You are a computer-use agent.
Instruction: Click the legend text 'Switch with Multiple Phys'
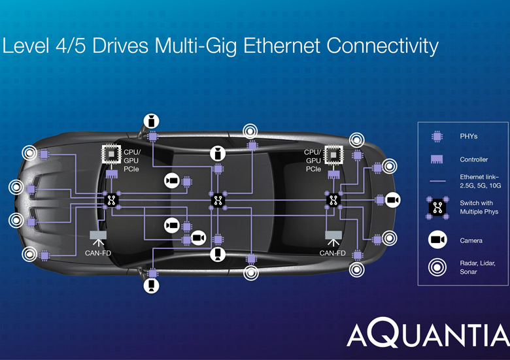tap(476, 208)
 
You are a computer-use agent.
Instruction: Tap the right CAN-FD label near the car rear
tap(333, 253)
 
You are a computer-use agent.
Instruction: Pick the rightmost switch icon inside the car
tap(333, 200)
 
